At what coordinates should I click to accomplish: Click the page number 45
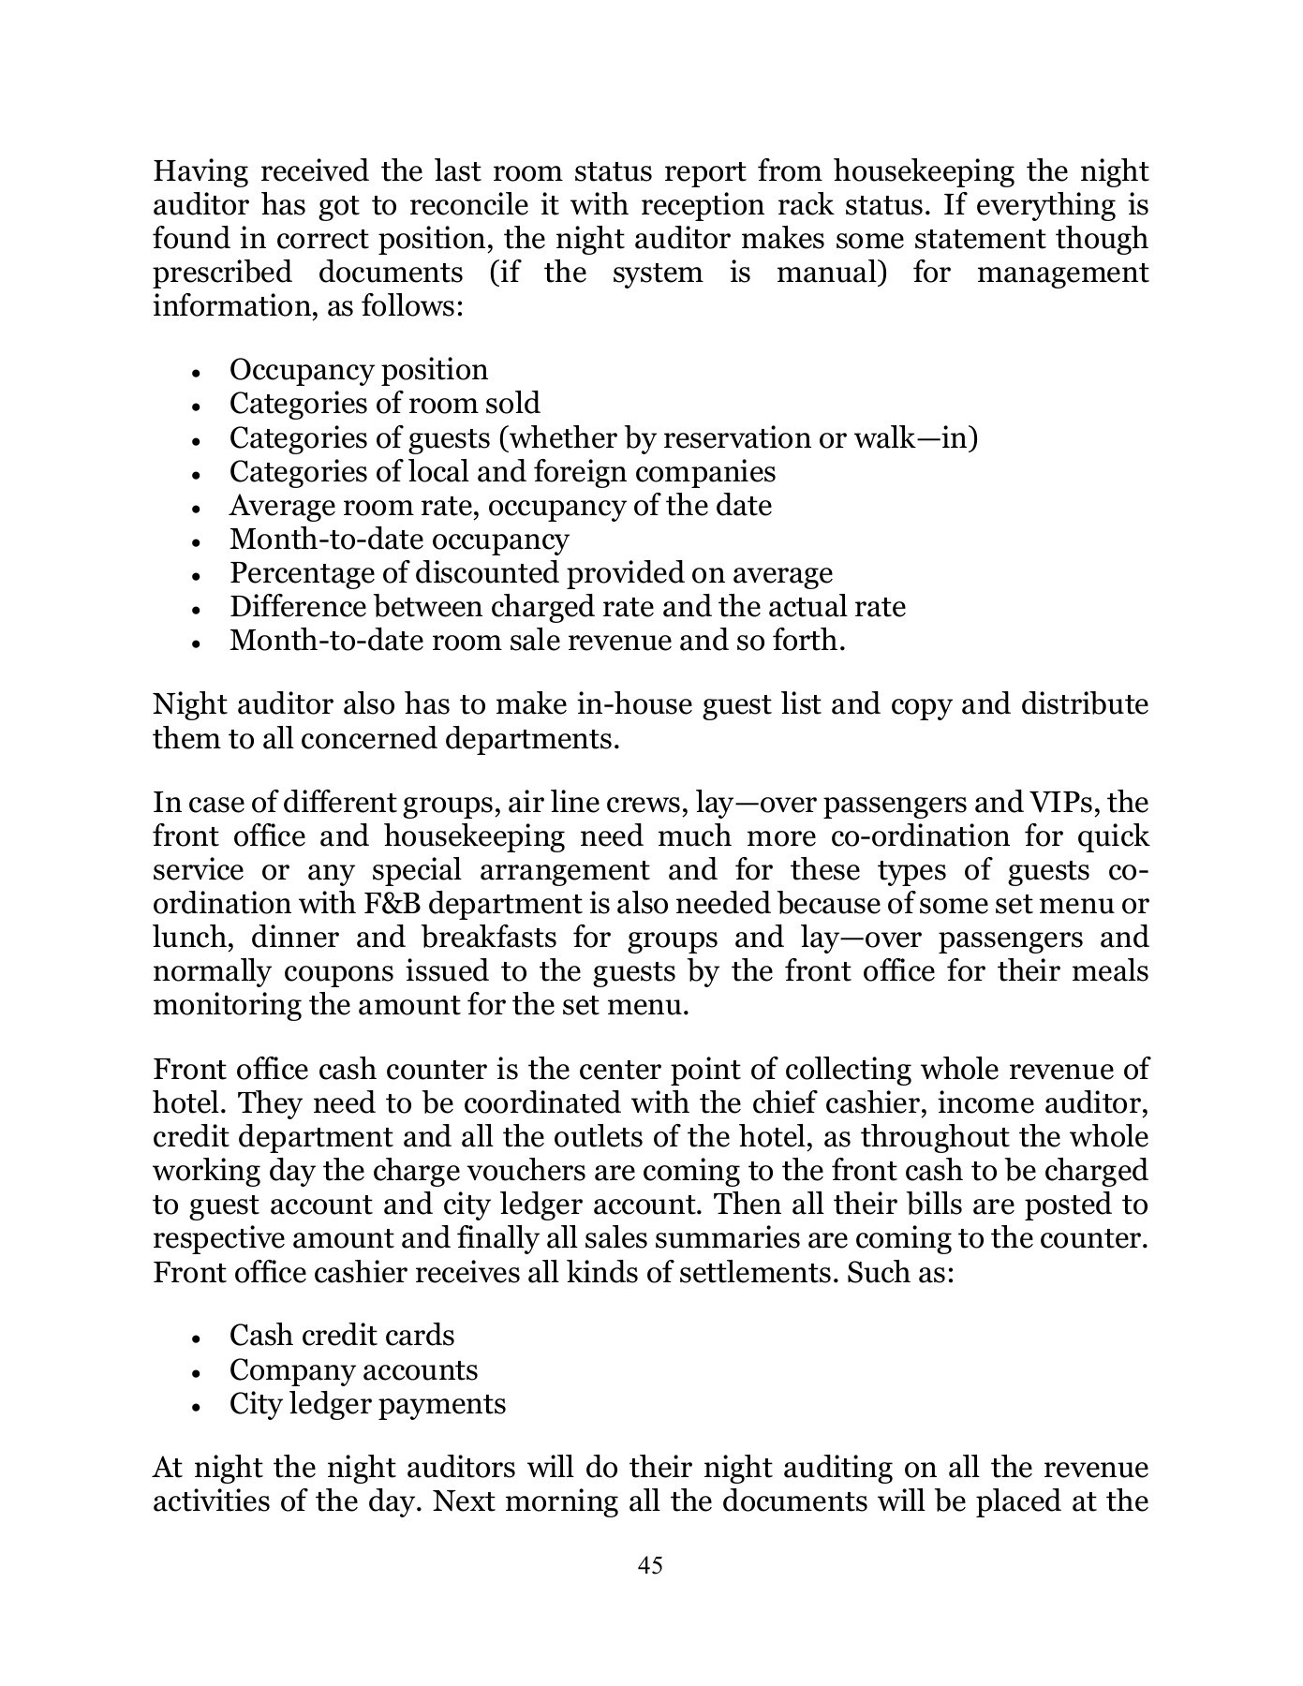click(x=650, y=1565)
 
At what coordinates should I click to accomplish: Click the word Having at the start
click(x=200, y=172)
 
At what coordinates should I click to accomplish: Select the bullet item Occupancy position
click(x=358, y=370)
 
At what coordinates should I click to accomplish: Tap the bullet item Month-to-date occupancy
click(x=399, y=540)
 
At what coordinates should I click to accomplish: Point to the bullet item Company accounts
click(x=353, y=1370)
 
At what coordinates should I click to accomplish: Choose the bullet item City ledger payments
click(x=367, y=1404)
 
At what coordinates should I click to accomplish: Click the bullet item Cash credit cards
click(x=342, y=1336)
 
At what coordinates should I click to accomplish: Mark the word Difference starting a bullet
click(x=299, y=607)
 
